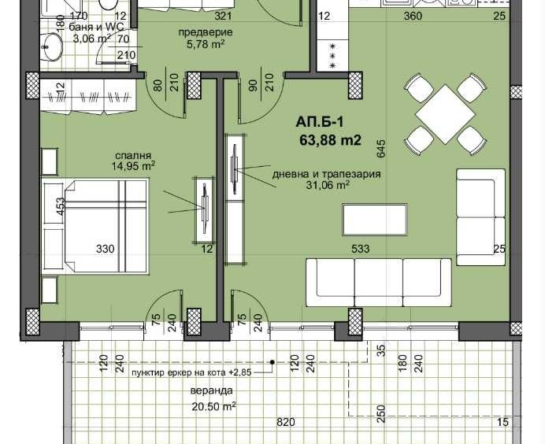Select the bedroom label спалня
[x=132, y=156]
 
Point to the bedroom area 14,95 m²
[x=132, y=166]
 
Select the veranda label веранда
[x=211, y=390]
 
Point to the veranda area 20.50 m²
[x=213, y=406]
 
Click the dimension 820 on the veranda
[x=285, y=423]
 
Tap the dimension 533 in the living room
[x=361, y=249]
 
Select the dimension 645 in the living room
[x=381, y=146]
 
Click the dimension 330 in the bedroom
[x=106, y=249]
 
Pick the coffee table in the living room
[x=375, y=217]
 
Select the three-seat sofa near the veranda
[x=377, y=283]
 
